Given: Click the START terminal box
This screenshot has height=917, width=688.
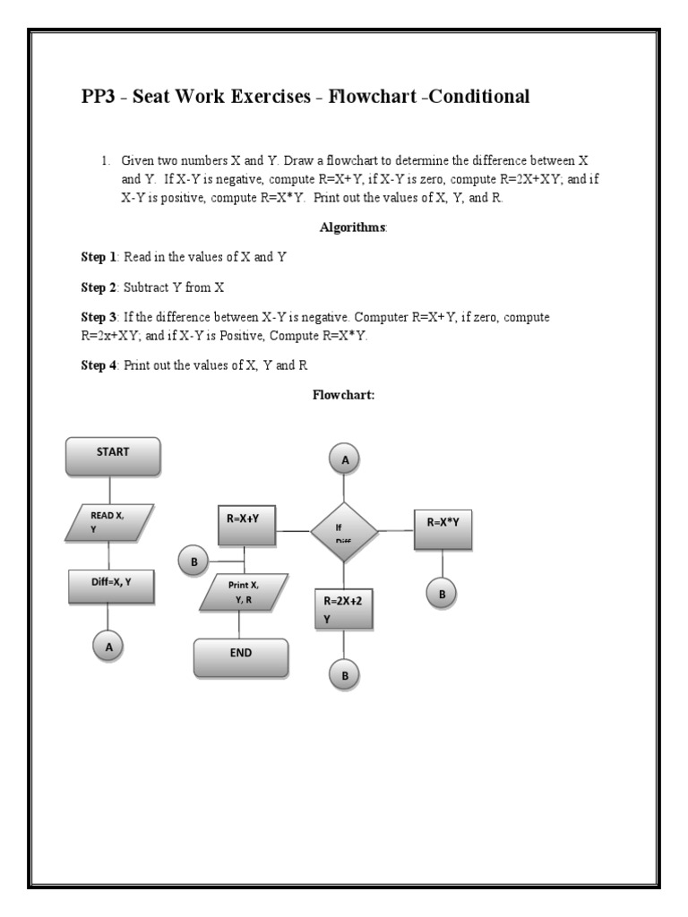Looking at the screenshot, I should [113, 456].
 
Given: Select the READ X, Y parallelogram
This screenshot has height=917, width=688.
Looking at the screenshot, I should [109, 522].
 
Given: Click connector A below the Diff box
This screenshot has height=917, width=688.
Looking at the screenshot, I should [108, 645].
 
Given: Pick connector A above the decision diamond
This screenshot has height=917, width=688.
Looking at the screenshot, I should [344, 460].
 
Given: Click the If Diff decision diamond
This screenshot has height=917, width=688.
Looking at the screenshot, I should [344, 531].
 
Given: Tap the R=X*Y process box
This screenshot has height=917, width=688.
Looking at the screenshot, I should [443, 528].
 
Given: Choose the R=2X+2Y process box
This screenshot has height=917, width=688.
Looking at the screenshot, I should [344, 609].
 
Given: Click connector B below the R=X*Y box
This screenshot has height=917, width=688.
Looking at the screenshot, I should [443, 593].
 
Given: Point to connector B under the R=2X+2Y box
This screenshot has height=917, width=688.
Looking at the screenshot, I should [344, 674].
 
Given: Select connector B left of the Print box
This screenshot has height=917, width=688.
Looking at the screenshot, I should [192, 561].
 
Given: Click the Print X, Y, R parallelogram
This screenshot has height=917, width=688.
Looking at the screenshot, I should [243, 593].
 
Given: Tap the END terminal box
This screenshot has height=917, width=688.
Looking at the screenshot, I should [241, 658].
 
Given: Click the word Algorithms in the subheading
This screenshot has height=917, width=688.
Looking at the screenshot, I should [353, 227].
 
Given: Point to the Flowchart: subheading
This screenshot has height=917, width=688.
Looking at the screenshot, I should [342, 394].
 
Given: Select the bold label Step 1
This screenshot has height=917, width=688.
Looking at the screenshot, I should [99, 257].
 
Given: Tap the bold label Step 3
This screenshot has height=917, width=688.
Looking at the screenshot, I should [99, 317].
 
